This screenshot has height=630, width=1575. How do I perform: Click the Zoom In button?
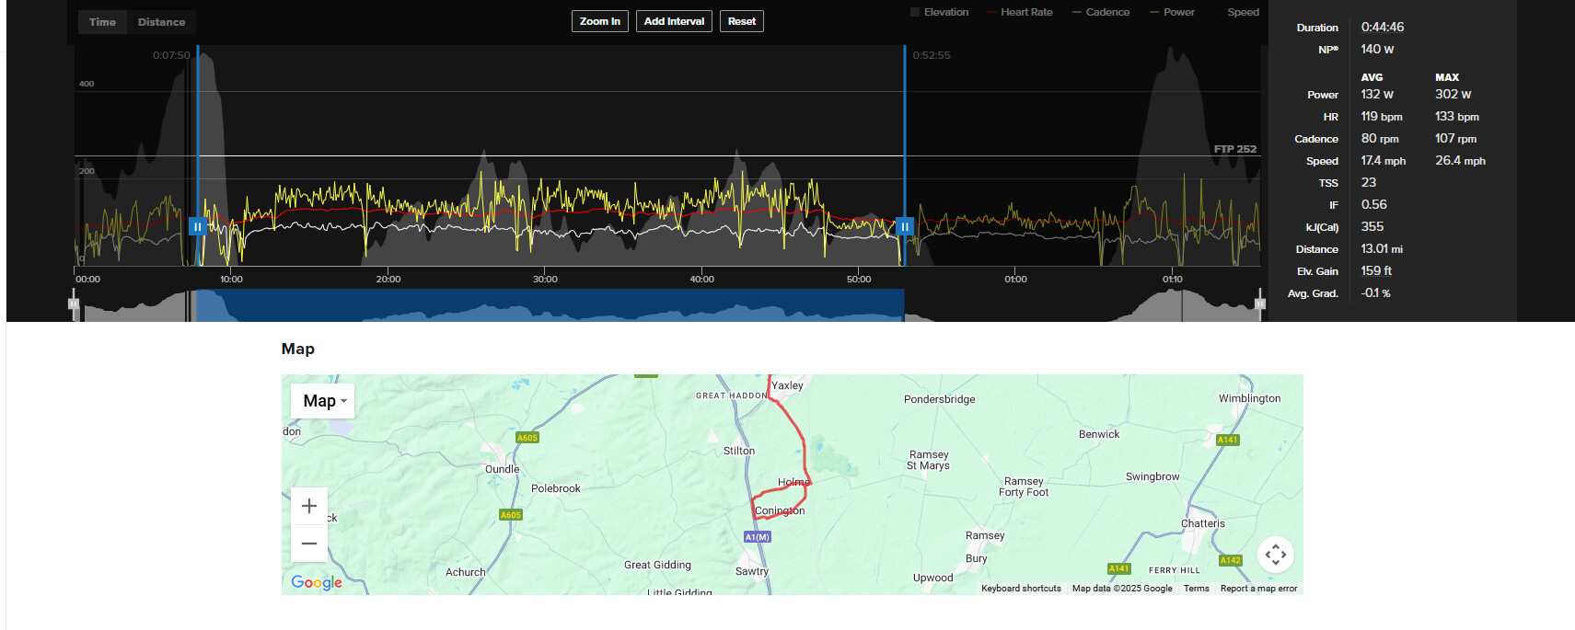[599, 21]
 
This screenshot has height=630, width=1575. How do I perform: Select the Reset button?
[741, 21]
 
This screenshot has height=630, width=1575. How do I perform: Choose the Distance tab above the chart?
[161, 22]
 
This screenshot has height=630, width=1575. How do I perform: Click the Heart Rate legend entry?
[1025, 12]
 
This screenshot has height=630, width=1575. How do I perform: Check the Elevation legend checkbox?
[915, 12]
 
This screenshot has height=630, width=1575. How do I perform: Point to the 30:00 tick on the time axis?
[545, 279]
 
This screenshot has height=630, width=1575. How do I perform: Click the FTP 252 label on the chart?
[1234, 149]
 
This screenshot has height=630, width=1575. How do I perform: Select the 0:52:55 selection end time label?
[932, 55]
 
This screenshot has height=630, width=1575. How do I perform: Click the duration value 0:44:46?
[1382, 28]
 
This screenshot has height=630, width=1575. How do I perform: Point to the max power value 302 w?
[1453, 95]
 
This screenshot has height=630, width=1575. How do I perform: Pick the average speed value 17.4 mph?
[1383, 161]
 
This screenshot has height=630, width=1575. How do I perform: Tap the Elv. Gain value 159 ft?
[1376, 271]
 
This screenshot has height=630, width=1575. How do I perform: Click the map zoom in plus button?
[309, 506]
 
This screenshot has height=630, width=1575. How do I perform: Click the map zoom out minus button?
[309, 544]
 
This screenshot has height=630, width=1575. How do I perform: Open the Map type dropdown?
[323, 401]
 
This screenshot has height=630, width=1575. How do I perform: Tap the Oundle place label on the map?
[502, 469]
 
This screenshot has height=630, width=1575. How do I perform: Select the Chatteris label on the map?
[1202, 523]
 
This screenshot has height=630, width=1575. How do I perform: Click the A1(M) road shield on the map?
[757, 537]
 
